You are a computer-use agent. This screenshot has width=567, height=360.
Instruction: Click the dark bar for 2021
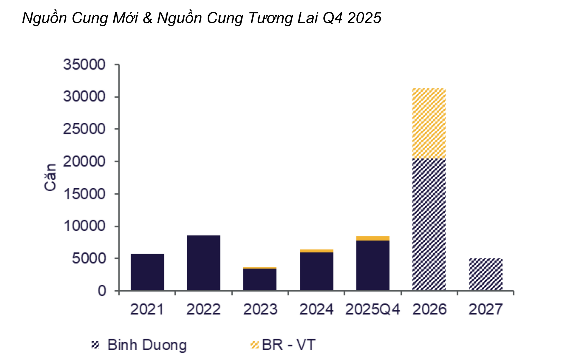(147, 272)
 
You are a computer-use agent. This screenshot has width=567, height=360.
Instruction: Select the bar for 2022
(203, 263)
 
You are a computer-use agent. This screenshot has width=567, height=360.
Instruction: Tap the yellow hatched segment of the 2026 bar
(429, 123)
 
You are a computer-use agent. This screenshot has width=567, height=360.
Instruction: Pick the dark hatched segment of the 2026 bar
(429, 225)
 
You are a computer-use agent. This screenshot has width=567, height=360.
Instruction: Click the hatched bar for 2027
(485, 274)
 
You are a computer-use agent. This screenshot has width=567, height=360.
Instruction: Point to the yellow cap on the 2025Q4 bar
(373, 238)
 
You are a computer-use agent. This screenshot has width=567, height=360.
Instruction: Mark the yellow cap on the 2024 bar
(317, 251)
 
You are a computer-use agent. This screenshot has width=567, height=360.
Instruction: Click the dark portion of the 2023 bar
(260, 279)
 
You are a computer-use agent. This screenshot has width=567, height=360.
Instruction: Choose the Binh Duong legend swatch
(95, 345)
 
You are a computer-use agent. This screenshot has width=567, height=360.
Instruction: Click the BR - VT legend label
(289, 345)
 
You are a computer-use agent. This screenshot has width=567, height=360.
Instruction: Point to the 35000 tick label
(84, 64)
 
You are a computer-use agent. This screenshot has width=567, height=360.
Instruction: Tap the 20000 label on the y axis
(84, 161)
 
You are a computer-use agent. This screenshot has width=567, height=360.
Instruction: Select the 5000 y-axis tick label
(89, 259)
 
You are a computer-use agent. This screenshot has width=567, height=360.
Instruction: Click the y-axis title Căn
(50, 177)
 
